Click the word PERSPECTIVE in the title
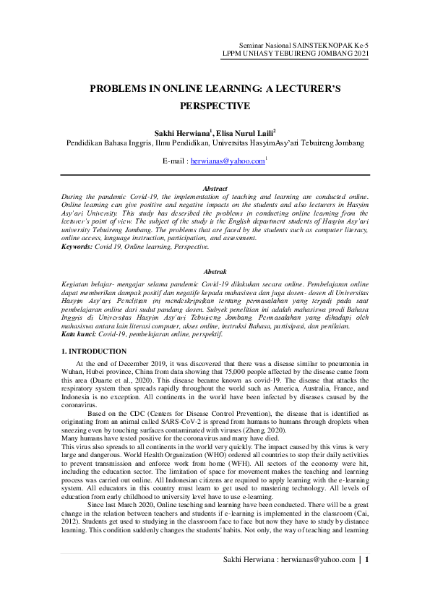(215, 106)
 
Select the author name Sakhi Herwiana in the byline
(183, 133)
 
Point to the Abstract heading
(215, 188)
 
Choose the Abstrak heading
(215, 271)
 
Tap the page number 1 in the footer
(368, 579)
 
